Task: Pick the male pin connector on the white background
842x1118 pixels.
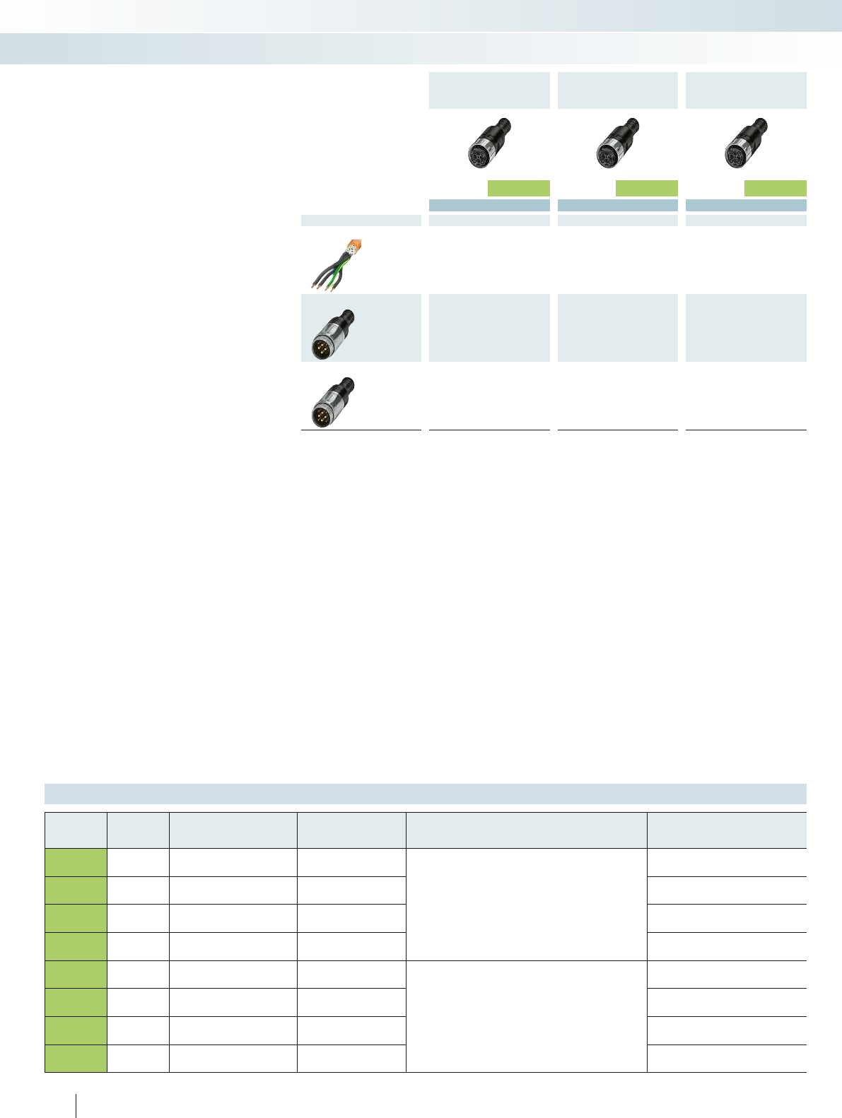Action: [333, 401]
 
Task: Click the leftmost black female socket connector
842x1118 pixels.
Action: [489, 143]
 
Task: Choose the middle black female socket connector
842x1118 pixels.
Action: [616, 143]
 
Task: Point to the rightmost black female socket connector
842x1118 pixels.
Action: [744, 143]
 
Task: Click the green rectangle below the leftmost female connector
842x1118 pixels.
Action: [519, 188]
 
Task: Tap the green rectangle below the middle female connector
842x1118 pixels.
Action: [647, 188]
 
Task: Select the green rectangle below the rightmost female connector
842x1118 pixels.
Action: [775, 188]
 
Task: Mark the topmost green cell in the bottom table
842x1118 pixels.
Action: [76, 862]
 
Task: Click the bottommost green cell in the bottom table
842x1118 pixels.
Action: [76, 1059]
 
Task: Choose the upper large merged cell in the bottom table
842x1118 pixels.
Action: [526, 904]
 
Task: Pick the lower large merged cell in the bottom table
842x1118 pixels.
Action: [526, 1016]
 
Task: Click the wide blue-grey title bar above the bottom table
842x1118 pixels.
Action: [425, 794]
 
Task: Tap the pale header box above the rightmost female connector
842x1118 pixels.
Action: [746, 90]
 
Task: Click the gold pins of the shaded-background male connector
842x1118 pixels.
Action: [321, 348]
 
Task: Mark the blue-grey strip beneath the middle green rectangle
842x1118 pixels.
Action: [617, 205]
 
